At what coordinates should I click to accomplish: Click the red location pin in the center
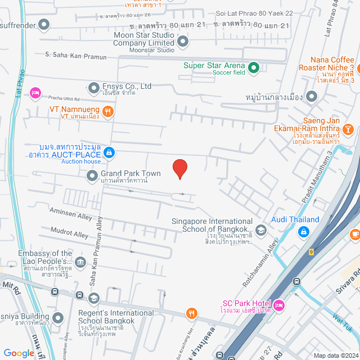pyautogui.click(x=179, y=168)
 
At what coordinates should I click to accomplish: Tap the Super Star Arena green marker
pyautogui.click(x=253, y=69)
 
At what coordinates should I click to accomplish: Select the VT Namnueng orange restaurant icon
pyautogui.click(x=108, y=111)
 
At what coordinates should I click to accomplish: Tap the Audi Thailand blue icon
pyautogui.click(x=303, y=231)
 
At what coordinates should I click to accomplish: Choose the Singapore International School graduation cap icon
pyautogui.click(x=260, y=229)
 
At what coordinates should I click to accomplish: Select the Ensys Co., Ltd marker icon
pyautogui.click(x=93, y=87)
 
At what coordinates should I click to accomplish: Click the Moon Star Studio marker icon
pyautogui.click(x=182, y=41)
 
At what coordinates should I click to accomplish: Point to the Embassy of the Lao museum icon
pyautogui.click(x=80, y=262)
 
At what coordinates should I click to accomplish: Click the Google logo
pyautogui.click(x=19, y=353)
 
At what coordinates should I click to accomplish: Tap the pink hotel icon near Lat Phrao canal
pyautogui.click(x=35, y=92)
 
